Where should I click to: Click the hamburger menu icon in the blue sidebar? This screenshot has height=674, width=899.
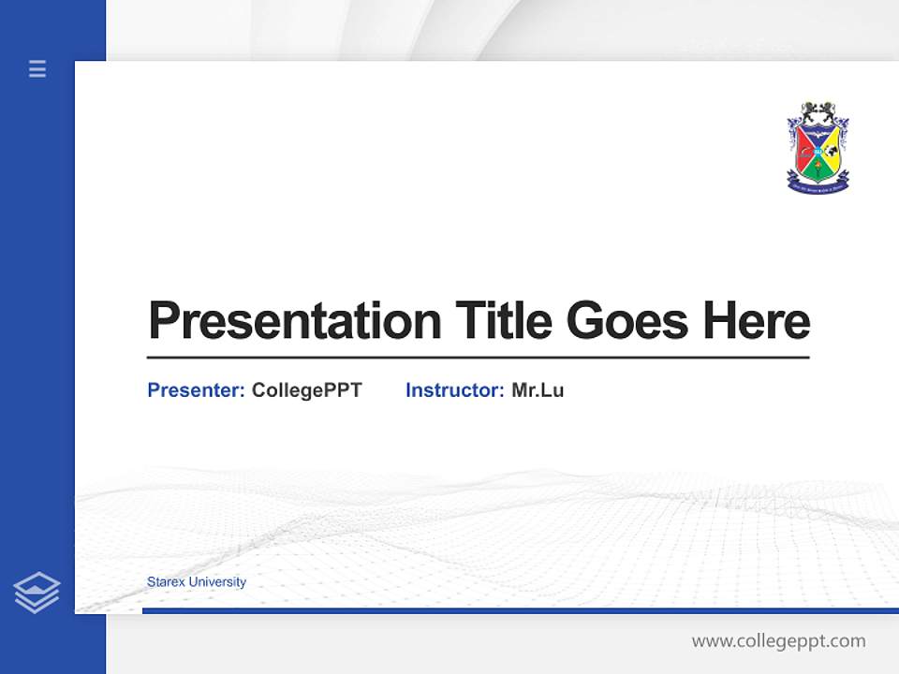(37, 68)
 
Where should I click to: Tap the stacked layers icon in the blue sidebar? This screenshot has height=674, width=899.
(37, 593)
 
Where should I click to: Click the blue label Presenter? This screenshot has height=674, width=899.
(196, 390)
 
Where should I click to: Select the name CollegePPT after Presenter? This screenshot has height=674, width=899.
(306, 390)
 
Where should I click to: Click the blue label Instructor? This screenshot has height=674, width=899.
(454, 390)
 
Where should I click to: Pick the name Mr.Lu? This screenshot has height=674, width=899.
(538, 390)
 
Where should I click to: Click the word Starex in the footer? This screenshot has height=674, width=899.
(166, 582)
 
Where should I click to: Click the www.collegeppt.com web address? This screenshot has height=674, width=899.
(778, 641)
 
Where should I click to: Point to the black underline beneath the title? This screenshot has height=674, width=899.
(478, 358)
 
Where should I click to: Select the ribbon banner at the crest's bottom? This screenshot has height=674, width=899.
(818, 186)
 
